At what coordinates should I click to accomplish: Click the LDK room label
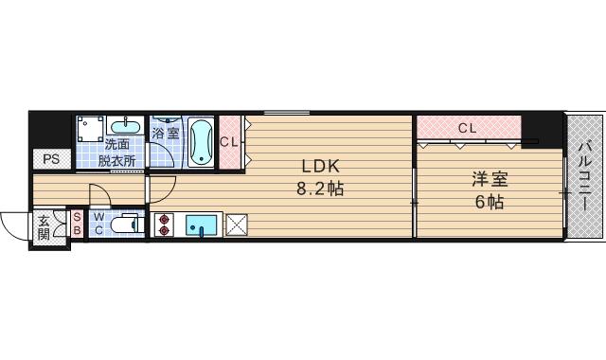coord(320,167)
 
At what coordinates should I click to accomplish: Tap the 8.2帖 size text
coord(320,189)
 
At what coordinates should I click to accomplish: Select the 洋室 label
coord(490,180)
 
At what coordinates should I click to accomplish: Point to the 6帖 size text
coord(490,202)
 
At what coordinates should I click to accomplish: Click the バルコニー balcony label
coord(584,176)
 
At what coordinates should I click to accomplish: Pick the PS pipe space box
coord(51,159)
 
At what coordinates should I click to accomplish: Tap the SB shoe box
coord(77,224)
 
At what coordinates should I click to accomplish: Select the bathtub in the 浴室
coord(201,142)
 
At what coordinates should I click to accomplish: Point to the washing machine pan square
coord(91,129)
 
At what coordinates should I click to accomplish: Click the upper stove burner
coord(164,220)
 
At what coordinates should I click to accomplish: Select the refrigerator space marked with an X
coord(236,225)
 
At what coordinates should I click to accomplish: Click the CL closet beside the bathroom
coord(230,142)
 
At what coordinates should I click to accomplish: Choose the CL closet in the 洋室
coord(469,127)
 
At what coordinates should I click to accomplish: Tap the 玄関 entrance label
coord(44,228)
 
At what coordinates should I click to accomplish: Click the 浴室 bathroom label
coord(165,134)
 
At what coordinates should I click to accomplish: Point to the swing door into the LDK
coord(162,189)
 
